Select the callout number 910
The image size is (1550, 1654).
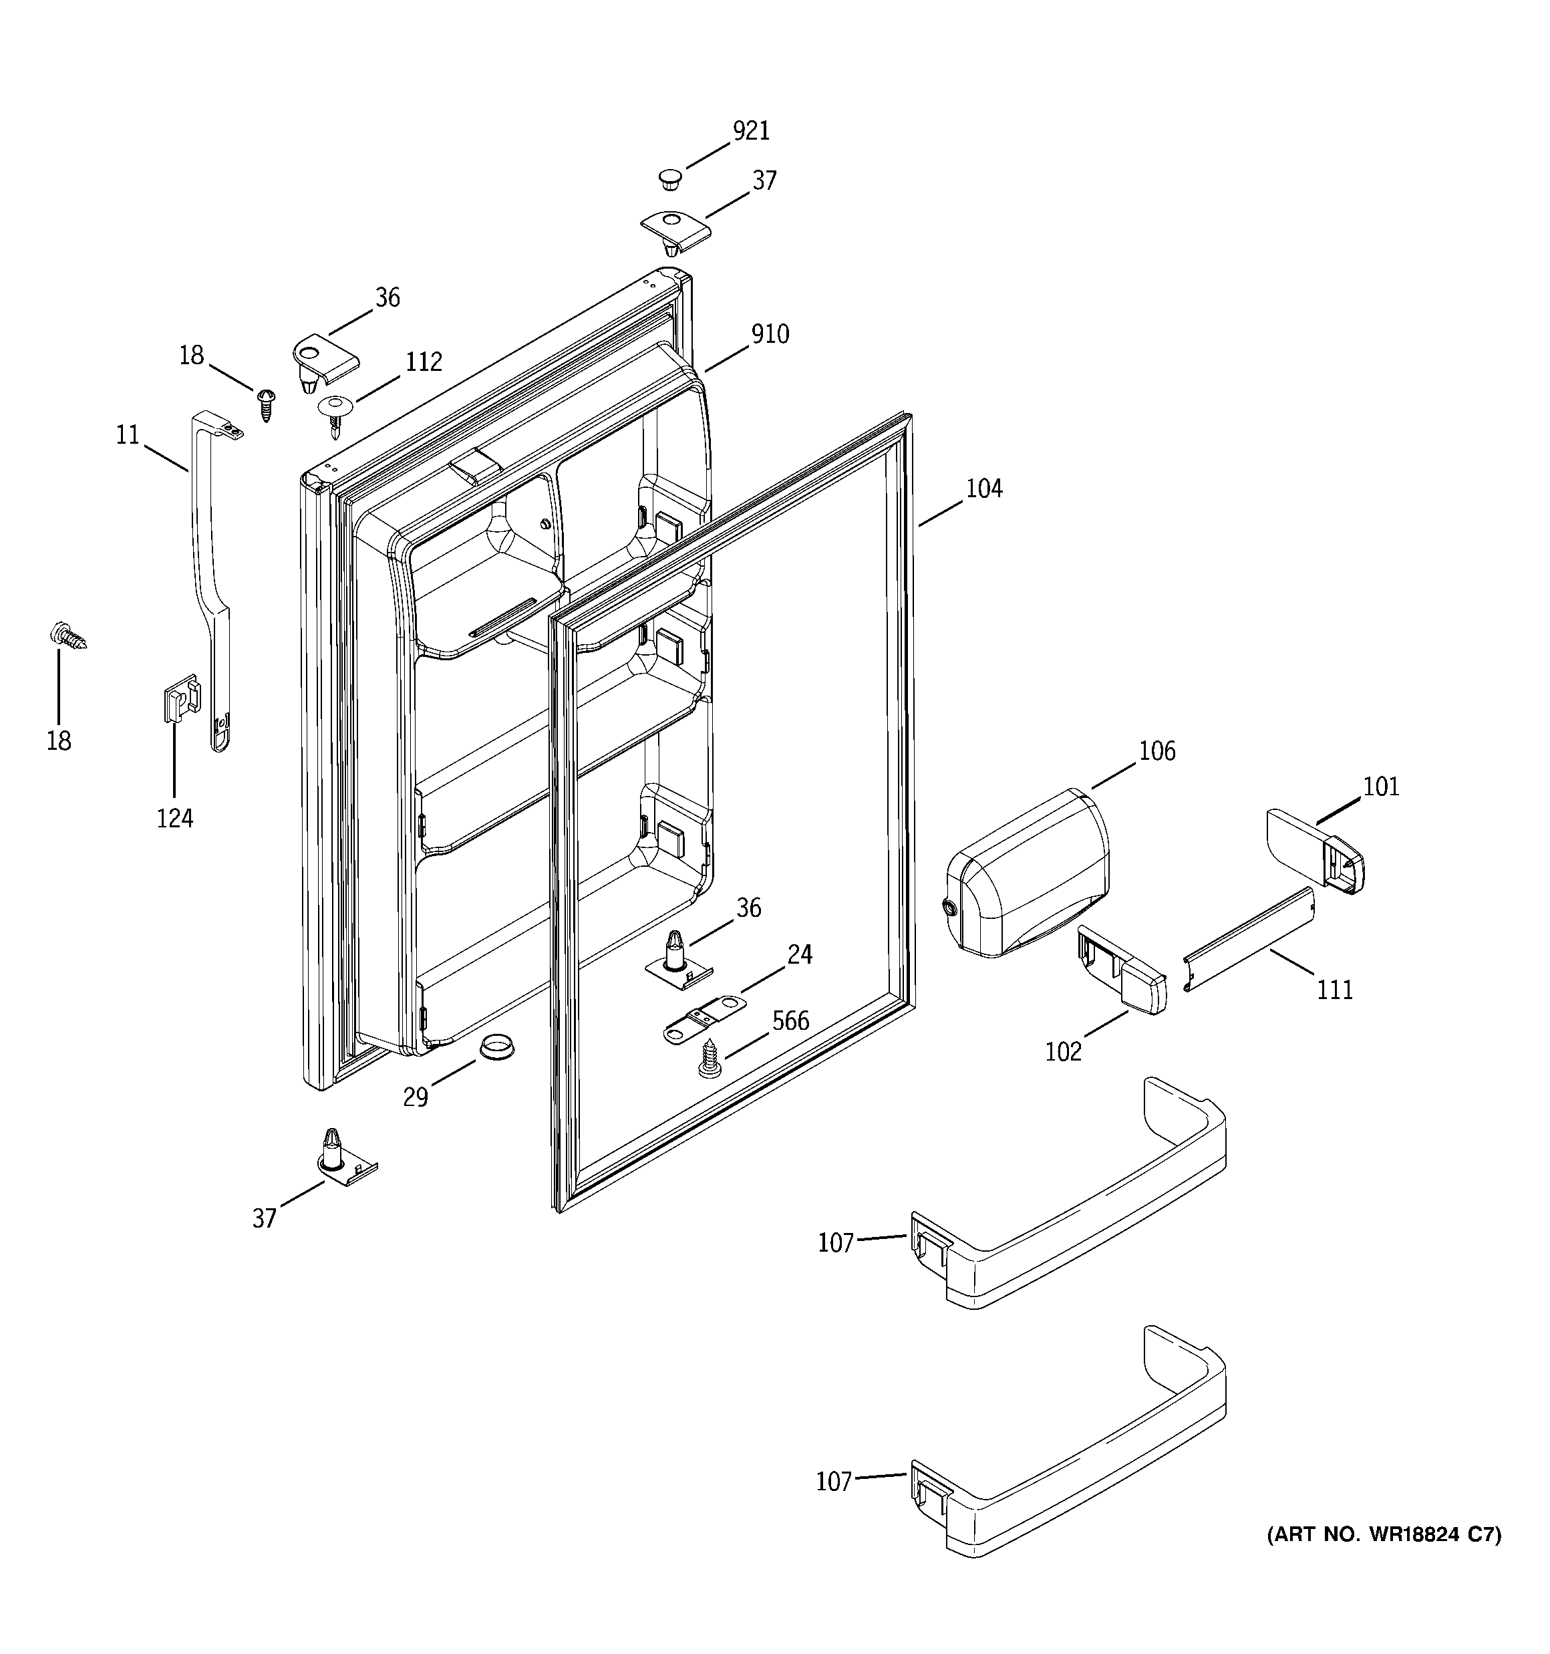pos(770,334)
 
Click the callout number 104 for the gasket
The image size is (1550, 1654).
pos(983,489)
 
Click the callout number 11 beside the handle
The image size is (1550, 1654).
pos(128,435)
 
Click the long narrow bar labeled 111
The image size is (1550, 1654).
pos(1248,940)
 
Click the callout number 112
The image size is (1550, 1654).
pos(424,362)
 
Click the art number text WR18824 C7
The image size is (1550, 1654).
pos(1384,1535)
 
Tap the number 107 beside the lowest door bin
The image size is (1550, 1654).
pos(834,1482)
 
